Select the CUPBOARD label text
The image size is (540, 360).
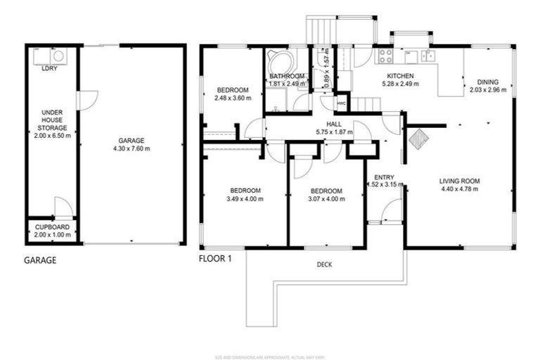(51, 226)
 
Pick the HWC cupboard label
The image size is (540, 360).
(342, 103)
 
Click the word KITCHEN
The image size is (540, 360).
(400, 76)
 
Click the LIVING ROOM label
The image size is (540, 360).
(458, 181)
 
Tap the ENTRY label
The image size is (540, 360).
(384, 177)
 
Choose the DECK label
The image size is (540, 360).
(324, 264)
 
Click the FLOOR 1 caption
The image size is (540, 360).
(214, 258)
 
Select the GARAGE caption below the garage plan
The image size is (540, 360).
(40, 260)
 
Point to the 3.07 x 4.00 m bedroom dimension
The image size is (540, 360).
(326, 199)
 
